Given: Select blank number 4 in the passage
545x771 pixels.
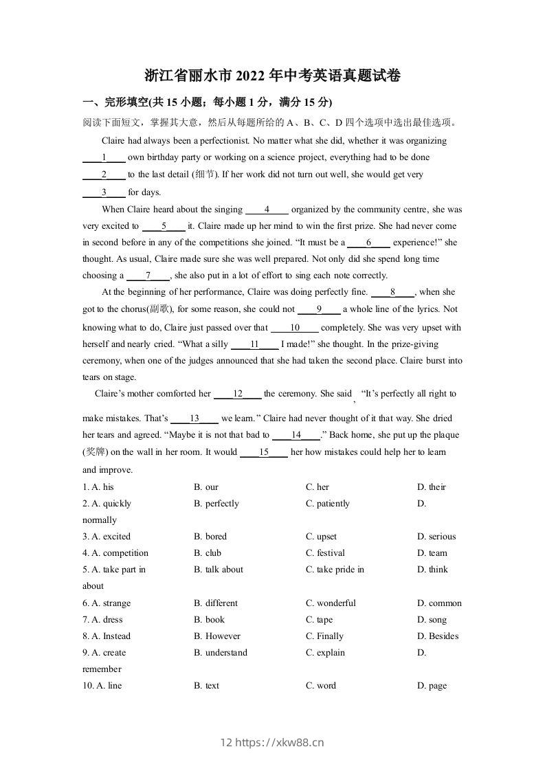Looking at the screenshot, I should point(267,210).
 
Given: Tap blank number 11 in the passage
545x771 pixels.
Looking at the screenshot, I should point(254,344).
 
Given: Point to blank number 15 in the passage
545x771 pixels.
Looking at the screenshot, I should point(264,452).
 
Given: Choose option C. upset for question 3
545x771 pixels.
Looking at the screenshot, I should point(321,537).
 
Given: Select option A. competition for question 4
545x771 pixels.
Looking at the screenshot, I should point(115,553).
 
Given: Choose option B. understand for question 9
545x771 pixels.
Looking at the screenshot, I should point(221,653).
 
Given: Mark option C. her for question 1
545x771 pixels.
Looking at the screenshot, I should point(318,487).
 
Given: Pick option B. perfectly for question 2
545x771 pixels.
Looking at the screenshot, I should point(216,504).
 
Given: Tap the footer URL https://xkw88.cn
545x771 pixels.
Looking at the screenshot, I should point(279,742).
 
